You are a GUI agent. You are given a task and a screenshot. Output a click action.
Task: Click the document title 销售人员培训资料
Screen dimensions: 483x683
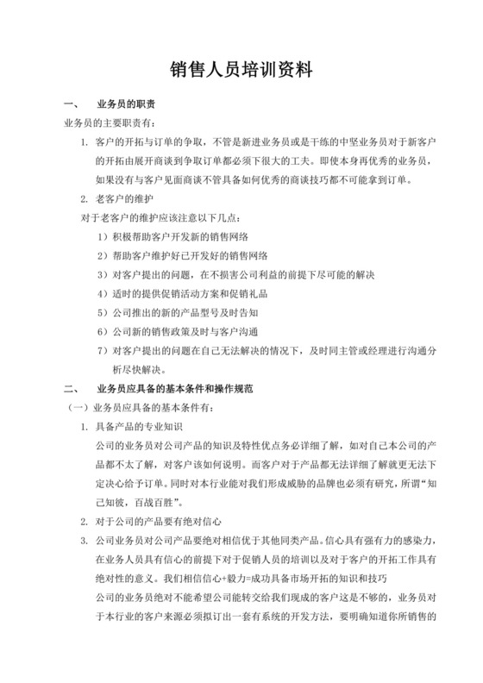click(241, 69)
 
